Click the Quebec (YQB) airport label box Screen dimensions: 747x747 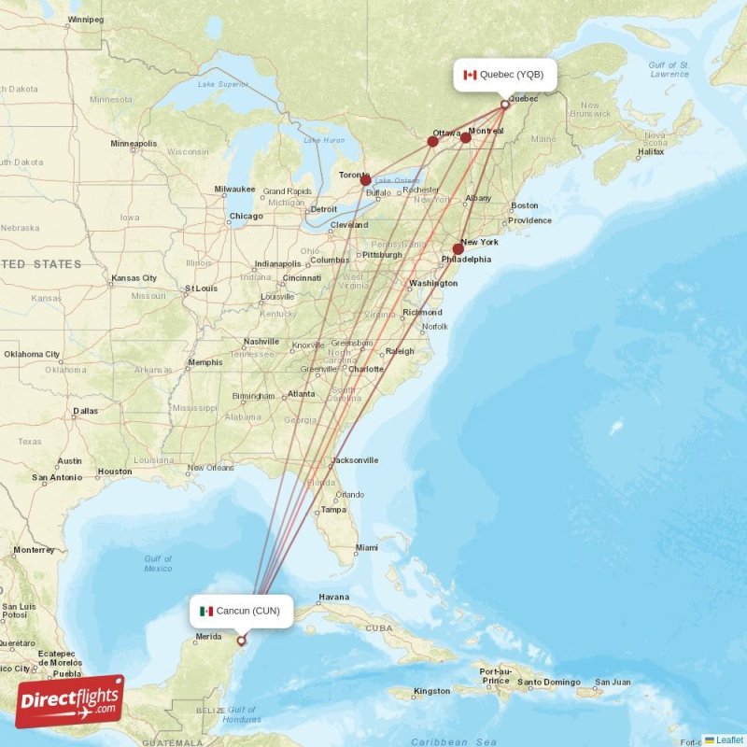tap(505, 75)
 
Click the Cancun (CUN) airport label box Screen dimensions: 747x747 tap(239, 612)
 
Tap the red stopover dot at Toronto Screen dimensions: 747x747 tap(366, 180)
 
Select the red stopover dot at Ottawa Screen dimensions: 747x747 tap(432, 141)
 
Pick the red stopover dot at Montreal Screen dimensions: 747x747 tap(466, 137)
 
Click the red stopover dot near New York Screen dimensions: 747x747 tap(458, 249)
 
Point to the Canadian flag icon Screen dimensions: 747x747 tap(470, 75)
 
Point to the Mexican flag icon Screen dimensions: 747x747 tap(205, 612)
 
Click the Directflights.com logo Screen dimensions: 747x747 tap(70, 701)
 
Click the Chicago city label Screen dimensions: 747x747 tap(246, 217)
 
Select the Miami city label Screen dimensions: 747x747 tap(366, 548)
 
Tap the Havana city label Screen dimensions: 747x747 tap(333, 598)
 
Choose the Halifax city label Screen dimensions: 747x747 tap(650, 151)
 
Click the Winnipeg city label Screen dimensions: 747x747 tap(86, 19)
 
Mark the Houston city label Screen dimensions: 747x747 tap(114, 472)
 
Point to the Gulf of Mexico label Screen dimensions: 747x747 tap(158, 563)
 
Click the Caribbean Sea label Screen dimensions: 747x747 tap(454, 741)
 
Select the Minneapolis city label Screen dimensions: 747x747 tap(134, 144)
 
